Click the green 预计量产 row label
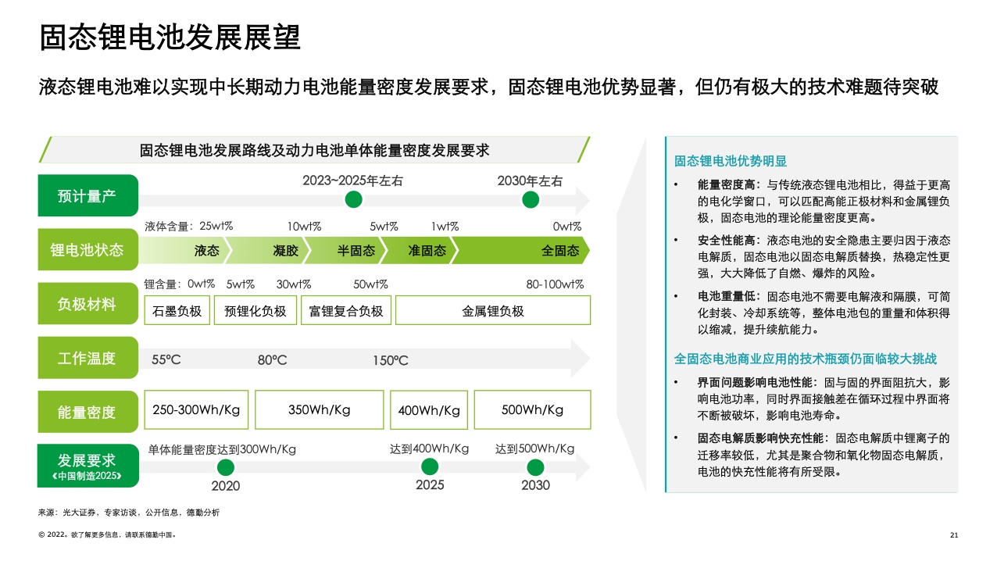click(88, 195)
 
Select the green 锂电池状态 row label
click(88, 250)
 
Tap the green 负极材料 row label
click(88, 304)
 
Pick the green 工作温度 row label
click(88, 359)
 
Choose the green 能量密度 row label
click(88, 411)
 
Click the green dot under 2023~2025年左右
click(354, 200)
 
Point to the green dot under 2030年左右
click(531, 200)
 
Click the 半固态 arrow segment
click(356, 251)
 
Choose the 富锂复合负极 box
click(346, 311)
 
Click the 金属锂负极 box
click(493, 311)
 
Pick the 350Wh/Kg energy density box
click(319, 410)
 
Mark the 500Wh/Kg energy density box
click(532, 410)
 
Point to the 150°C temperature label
click(391, 361)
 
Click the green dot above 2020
click(226, 468)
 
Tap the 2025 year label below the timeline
click(430, 485)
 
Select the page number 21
click(953, 535)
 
